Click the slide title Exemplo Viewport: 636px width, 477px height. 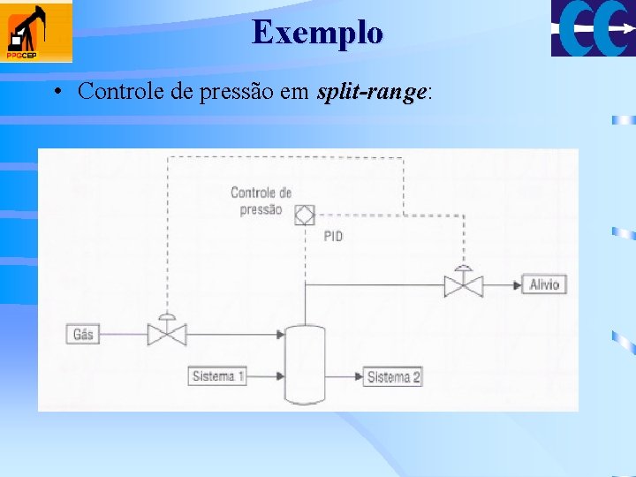(317, 33)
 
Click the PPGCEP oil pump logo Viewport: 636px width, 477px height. (37, 33)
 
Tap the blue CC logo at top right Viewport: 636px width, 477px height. (593, 28)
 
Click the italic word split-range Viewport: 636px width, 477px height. (372, 91)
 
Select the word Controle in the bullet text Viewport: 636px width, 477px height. (115, 91)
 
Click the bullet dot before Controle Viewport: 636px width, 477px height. (56, 92)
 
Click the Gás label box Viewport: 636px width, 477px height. (82, 334)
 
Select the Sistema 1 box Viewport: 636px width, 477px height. (217, 376)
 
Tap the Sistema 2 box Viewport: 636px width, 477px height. (394, 377)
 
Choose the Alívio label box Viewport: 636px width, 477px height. (545, 284)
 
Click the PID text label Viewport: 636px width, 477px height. (333, 236)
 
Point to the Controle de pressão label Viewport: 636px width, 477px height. (261, 201)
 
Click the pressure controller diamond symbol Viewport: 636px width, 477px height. (304, 213)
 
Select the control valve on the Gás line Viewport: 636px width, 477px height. (166, 333)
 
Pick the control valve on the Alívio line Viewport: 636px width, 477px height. (463, 284)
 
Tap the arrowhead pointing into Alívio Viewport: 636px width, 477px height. (517, 284)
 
